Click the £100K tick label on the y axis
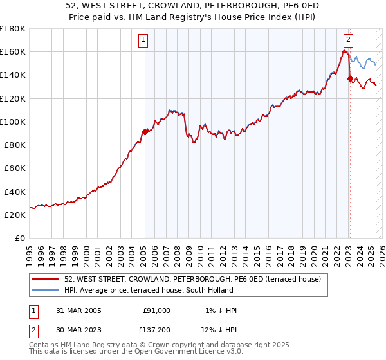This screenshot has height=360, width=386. click(x=13, y=122)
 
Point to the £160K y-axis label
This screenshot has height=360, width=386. click(x=13, y=51)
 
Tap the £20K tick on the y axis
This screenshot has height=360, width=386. click(x=15, y=215)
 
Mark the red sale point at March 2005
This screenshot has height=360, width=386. click(x=145, y=132)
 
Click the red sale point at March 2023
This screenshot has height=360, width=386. click(x=350, y=78)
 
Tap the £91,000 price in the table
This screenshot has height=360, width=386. click(x=156, y=310)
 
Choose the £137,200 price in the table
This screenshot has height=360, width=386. click(x=154, y=331)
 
